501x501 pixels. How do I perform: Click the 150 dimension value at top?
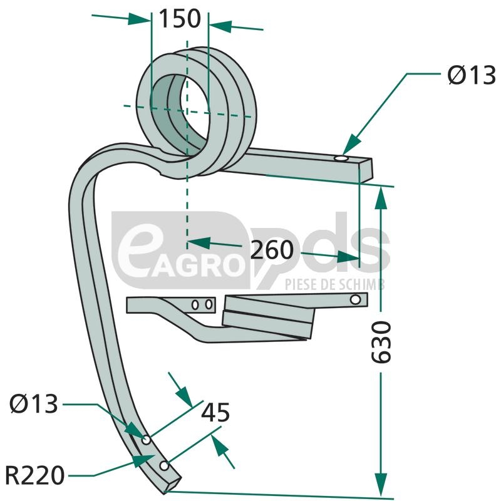180,19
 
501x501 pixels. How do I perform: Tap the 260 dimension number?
272,249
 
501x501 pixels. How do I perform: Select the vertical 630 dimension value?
381,342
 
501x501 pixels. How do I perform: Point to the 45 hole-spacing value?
215,412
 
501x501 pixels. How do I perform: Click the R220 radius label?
35,475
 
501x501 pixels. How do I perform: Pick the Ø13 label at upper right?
472,75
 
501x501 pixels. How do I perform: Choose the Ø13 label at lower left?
34,404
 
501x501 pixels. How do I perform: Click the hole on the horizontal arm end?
341,159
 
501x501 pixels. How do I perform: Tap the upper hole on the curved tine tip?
147,440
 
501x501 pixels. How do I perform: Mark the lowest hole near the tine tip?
164,465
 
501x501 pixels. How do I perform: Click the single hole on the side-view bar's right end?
355,299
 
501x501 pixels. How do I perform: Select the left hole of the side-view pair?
195,305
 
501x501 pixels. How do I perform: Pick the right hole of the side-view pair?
209,304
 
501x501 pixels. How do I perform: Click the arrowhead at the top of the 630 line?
380,198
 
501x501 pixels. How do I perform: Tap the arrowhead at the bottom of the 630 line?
380,484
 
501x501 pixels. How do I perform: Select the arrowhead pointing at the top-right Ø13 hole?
351,145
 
